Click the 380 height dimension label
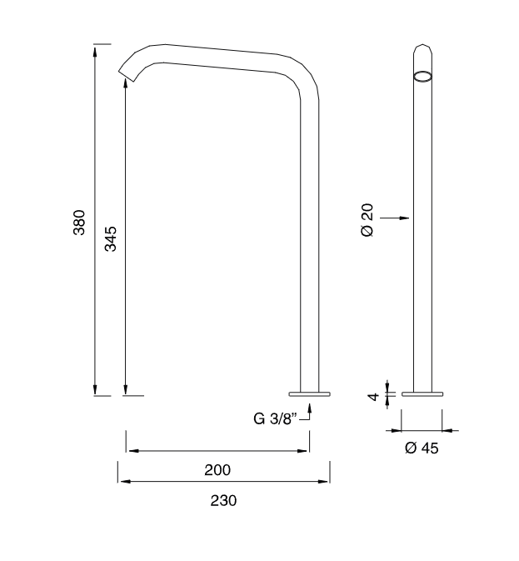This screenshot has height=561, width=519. (x=79, y=223)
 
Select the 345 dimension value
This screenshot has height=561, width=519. (x=111, y=238)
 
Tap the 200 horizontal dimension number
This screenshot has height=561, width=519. (x=217, y=470)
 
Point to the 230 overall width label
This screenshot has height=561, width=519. (x=223, y=500)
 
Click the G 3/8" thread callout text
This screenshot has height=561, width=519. (x=275, y=418)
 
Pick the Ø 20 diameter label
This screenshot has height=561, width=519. (x=367, y=220)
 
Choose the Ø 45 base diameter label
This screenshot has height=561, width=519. (x=422, y=448)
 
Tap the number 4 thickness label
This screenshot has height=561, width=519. (x=373, y=397)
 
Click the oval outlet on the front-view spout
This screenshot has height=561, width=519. (x=422, y=77)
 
